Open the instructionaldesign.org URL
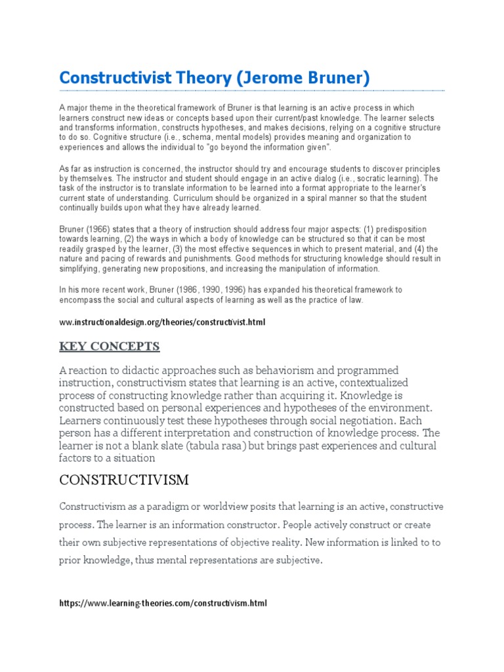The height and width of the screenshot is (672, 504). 163,323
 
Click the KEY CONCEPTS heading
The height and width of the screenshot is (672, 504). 110,346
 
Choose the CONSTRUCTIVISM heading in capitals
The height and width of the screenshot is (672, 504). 124,480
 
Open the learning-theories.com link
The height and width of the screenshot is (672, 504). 163,603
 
